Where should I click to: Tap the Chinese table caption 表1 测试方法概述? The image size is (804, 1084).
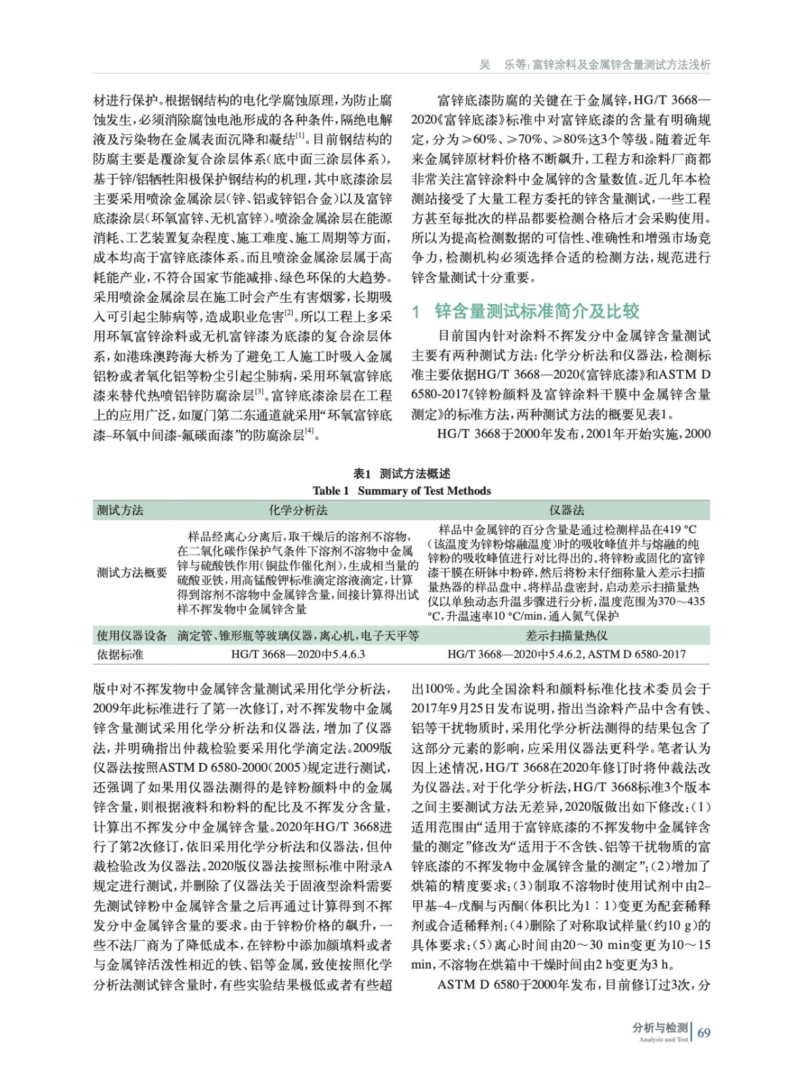point(402,474)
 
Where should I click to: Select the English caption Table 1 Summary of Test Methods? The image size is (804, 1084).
point(402,491)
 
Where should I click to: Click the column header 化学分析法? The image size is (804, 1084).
point(297,510)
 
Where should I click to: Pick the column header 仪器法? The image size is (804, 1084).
point(566,510)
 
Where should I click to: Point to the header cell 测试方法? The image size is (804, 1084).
point(121,510)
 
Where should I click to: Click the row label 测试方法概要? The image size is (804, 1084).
point(131,572)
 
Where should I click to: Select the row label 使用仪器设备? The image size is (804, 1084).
point(131,635)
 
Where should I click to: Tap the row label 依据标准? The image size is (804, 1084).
point(121,654)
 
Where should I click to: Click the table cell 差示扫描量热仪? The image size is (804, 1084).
point(566,635)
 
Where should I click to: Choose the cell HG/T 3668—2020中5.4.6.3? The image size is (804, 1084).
point(297,654)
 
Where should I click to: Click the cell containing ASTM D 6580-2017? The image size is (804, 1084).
point(566,654)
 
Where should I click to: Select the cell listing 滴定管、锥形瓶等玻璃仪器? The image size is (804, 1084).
point(297,635)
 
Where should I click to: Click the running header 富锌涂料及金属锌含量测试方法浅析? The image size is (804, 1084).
point(621,65)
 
